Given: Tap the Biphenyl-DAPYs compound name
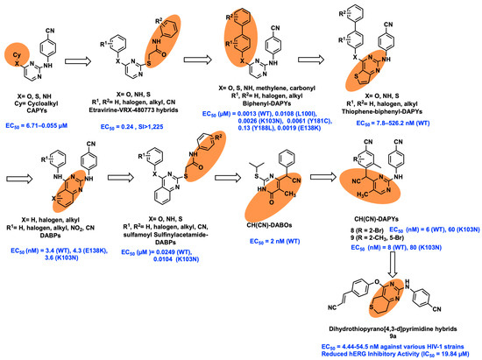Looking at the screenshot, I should [x=283, y=102].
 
